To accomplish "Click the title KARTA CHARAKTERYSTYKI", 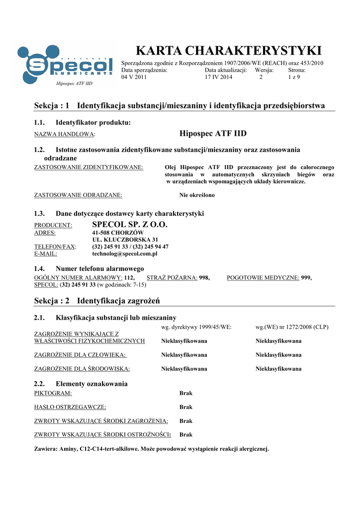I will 229,51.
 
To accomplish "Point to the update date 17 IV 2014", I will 218,77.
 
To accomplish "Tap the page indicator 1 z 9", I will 294,77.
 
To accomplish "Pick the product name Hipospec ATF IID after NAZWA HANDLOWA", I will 213,134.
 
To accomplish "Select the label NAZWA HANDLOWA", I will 64,135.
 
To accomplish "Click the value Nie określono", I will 197,195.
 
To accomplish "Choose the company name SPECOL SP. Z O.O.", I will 130,225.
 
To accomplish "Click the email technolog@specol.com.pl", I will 125,254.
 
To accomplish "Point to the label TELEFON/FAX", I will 55,247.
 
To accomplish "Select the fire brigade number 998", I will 204,278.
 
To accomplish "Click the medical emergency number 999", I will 306,278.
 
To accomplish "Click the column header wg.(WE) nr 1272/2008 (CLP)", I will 292,327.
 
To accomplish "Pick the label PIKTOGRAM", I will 53,393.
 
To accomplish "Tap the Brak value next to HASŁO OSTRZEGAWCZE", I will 185,407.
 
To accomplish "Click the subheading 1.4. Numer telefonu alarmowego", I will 89,269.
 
